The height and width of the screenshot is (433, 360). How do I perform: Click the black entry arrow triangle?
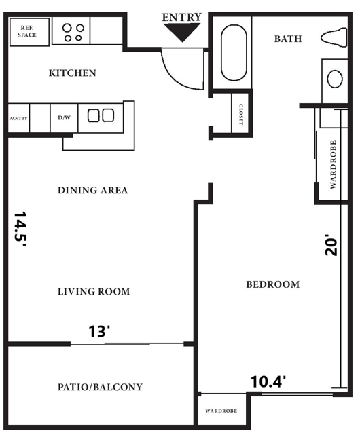click(183, 32)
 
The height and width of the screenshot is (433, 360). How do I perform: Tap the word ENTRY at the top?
click(182, 17)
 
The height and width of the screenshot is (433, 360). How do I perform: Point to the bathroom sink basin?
click(335, 79)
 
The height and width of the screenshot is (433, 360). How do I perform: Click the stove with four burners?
click(73, 31)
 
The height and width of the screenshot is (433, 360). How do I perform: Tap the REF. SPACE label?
click(27, 31)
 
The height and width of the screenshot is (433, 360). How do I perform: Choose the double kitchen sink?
click(100, 116)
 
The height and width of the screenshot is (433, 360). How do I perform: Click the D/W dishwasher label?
click(64, 118)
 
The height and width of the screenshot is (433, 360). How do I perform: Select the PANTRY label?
click(18, 119)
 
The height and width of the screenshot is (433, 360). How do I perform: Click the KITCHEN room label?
click(72, 73)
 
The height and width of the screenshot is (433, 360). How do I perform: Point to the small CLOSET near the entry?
click(240, 113)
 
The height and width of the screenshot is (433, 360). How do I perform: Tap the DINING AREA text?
click(92, 191)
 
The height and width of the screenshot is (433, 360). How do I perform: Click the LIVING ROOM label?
click(93, 292)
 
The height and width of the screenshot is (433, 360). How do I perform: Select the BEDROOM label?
click(272, 284)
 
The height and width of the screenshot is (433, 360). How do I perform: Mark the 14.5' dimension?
click(20, 231)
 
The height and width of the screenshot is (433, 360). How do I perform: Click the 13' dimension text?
click(99, 332)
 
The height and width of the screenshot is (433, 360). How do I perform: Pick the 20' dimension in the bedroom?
click(331, 244)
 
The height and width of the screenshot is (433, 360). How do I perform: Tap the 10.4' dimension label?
click(268, 381)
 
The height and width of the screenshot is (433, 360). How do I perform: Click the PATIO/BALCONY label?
click(100, 388)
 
